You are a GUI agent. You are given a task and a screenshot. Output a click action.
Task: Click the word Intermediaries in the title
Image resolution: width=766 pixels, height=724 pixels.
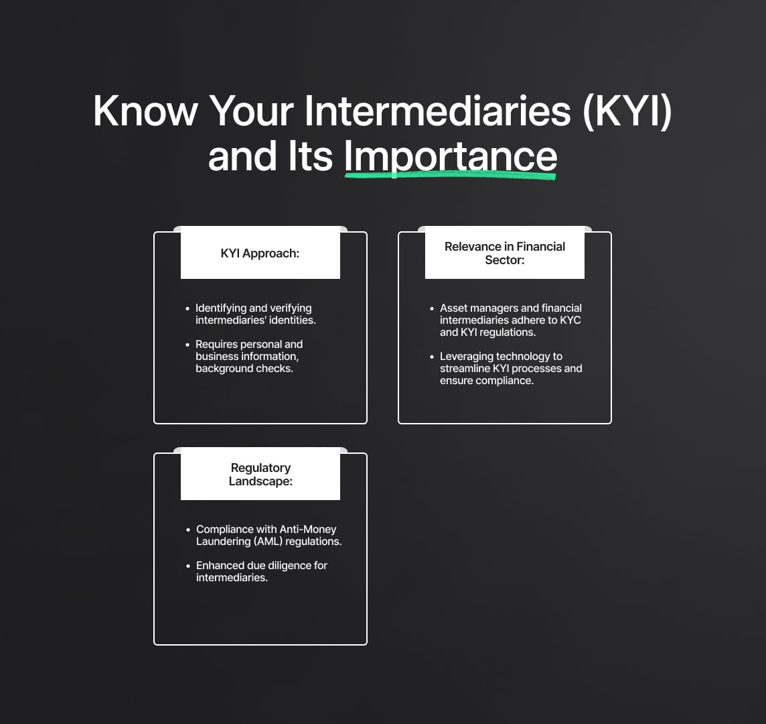[438, 111]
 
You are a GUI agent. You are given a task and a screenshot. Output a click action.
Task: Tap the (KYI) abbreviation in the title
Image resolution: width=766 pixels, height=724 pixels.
[627, 112]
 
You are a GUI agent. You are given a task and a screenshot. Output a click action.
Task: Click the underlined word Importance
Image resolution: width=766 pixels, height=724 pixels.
[451, 157]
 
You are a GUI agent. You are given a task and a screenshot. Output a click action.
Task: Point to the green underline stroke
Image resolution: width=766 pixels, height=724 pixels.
[451, 175]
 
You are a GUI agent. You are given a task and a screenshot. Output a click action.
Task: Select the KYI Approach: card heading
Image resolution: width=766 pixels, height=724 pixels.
[260, 253]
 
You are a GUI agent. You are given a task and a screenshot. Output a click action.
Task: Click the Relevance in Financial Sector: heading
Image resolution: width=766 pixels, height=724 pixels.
[505, 253]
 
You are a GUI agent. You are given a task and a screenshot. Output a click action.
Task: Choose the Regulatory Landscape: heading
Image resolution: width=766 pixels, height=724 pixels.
[260, 475]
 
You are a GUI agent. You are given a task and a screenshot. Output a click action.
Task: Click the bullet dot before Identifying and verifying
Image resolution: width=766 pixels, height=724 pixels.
[187, 308]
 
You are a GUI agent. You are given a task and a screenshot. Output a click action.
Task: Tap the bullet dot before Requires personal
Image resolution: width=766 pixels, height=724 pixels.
[187, 345]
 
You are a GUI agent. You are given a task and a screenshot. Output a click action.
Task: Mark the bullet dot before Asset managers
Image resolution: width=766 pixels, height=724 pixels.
[432, 308]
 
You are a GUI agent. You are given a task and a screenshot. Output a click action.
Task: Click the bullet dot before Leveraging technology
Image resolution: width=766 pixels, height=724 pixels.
[432, 357]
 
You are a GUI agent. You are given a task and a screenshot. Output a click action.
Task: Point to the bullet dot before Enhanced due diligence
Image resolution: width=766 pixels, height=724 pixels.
[188, 566]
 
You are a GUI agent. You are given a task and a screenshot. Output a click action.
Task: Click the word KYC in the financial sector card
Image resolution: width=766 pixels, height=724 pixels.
[570, 320]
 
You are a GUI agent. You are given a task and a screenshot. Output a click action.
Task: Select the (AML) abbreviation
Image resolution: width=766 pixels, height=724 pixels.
[268, 542]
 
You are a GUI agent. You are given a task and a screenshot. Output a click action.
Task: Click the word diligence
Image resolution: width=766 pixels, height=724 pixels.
[289, 566]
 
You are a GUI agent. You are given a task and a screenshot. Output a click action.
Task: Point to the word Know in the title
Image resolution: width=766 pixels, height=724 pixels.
[145, 111]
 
